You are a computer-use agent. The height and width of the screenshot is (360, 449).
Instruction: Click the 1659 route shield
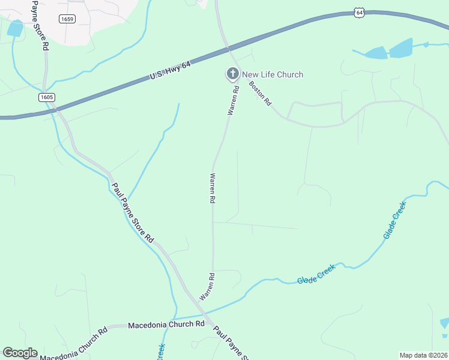pos(67,19)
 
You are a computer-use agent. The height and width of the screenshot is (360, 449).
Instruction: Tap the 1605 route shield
pos(47,97)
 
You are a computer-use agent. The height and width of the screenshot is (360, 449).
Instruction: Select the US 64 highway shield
pos(359,12)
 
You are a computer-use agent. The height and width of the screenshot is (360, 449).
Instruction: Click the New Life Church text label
pos(273,74)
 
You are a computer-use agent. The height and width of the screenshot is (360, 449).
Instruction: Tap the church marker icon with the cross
pos(232,74)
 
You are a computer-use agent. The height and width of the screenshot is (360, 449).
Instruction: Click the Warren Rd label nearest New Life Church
pos(232,100)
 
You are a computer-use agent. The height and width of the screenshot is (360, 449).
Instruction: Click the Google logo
pos(20,353)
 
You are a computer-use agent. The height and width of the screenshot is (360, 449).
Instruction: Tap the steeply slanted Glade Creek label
pos(395,220)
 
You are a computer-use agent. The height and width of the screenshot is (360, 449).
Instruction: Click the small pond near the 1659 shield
pos(14,28)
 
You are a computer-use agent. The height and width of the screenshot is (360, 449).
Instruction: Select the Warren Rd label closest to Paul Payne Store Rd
pos(208,287)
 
